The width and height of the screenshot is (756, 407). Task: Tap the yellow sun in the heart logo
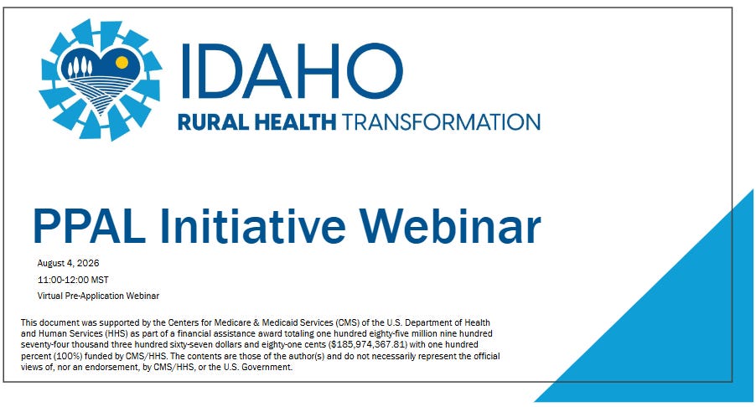coord(122,62)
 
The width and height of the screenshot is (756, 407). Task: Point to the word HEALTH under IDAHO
coord(295,122)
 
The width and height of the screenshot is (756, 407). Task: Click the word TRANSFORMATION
coord(441,122)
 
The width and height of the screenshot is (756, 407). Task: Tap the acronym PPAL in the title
coord(89,225)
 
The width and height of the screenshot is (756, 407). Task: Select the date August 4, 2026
coord(69,263)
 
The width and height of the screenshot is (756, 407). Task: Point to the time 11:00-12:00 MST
coord(73,280)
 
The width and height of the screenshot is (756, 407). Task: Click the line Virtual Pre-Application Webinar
coord(98,296)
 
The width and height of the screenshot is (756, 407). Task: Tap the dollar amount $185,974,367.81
coord(368,345)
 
